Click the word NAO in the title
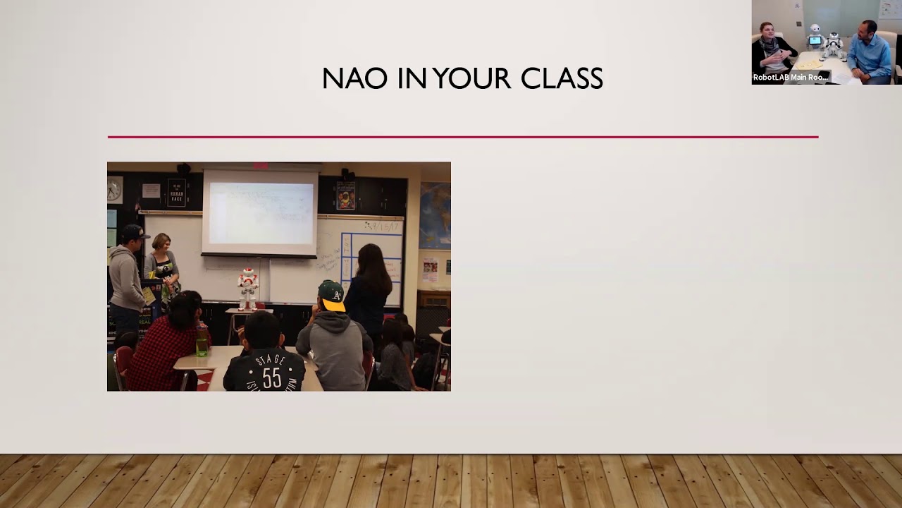click(x=354, y=78)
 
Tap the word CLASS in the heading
click(x=562, y=78)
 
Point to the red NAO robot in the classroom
click(x=247, y=287)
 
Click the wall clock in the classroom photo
click(x=115, y=189)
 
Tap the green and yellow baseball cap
click(x=332, y=295)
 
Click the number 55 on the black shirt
click(x=271, y=378)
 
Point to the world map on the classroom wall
click(x=435, y=214)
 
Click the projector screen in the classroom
click(x=259, y=212)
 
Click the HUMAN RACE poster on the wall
click(x=176, y=193)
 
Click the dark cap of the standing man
click(x=134, y=232)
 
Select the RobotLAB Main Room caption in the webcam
click(x=791, y=78)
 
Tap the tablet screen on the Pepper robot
click(x=815, y=41)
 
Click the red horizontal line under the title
click(x=462, y=137)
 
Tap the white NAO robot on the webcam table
click(x=833, y=45)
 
